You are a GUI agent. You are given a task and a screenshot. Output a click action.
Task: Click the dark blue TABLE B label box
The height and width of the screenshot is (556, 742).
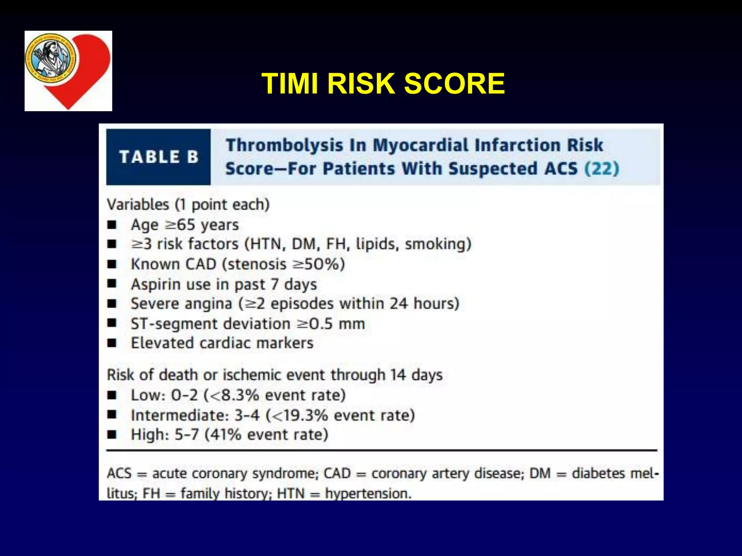pos(158,157)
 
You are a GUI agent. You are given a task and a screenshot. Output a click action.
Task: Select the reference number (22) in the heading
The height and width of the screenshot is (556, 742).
pos(602,169)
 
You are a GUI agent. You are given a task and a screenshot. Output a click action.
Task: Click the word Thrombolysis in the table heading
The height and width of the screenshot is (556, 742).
pos(284,146)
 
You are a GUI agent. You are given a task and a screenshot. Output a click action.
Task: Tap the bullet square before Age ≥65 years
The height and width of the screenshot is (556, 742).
pos(112,225)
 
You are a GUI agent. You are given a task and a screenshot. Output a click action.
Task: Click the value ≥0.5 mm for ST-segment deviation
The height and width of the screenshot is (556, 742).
pos(330,324)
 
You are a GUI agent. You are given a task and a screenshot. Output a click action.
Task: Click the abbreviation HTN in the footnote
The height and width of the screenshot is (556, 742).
pos(291,494)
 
